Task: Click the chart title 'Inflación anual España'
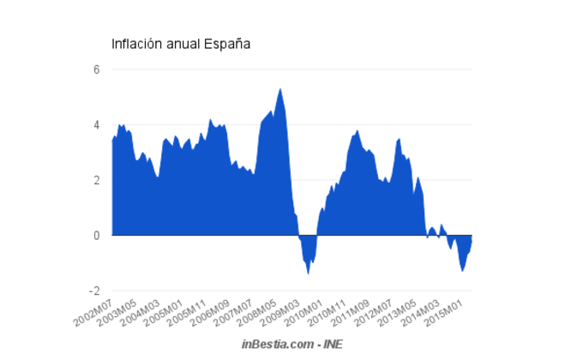181,44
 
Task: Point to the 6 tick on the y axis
97,69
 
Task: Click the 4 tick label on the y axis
97,125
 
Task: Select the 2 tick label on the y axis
97,180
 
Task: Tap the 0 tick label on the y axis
97,235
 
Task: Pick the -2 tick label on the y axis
94,291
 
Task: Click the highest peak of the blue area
280,89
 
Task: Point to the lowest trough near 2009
309,273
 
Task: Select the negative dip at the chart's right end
463,269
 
